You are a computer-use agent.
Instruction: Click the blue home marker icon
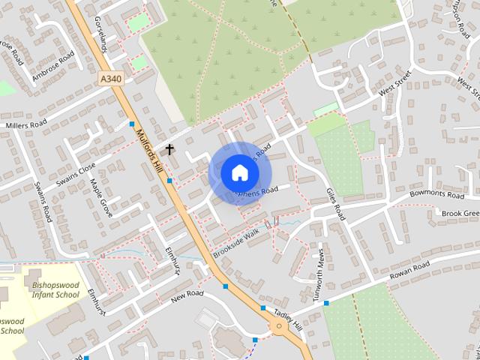(239, 172)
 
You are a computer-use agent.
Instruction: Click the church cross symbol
(169, 149)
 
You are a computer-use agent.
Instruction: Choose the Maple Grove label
(100, 198)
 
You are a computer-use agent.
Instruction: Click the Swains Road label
(43, 202)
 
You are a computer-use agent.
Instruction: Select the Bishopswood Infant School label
(55, 289)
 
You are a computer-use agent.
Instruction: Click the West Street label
(396, 84)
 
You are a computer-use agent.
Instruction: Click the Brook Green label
(460, 214)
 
